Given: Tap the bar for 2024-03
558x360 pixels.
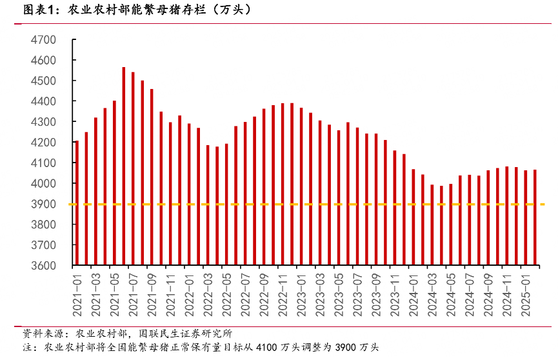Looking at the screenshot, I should tap(432, 225).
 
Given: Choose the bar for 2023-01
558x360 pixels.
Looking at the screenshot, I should tap(301, 186).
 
